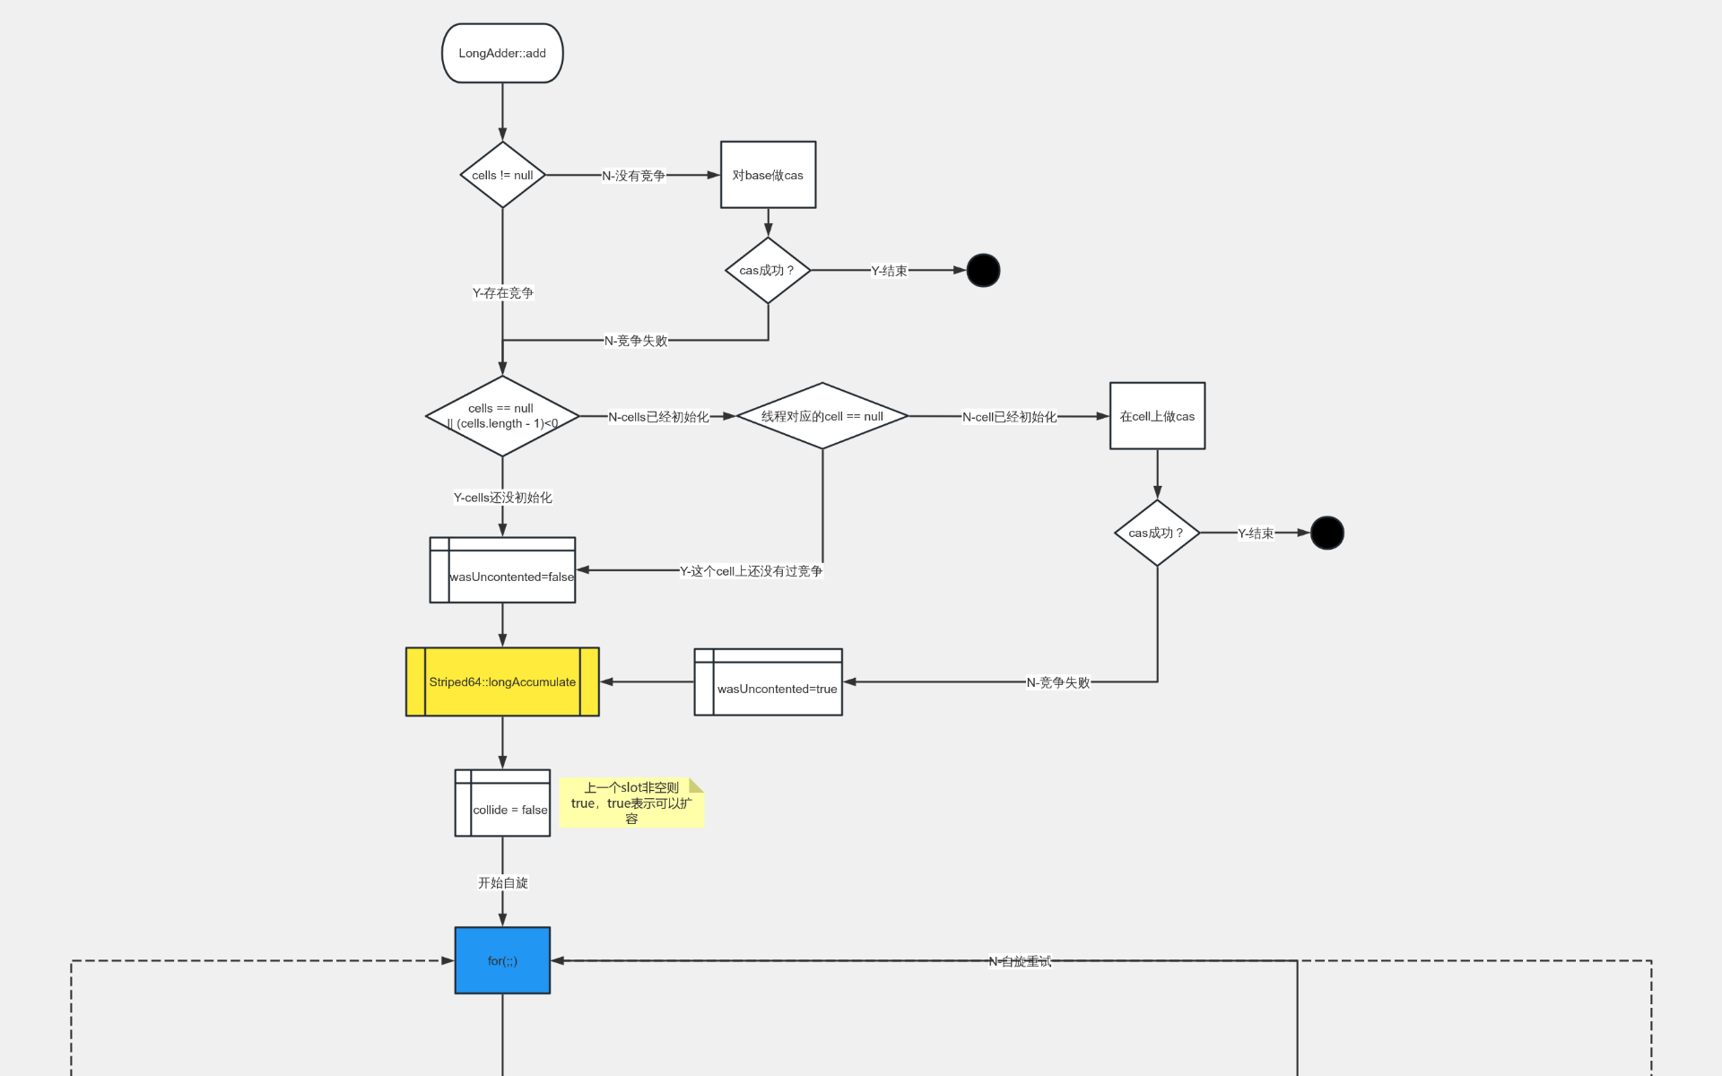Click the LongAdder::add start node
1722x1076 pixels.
[502, 53]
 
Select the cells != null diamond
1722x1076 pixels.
[502, 175]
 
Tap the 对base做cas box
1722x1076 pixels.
[768, 175]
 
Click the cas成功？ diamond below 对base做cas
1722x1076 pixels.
[768, 270]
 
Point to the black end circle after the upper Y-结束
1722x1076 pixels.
[983, 270]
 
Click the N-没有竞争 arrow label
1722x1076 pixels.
[633, 176]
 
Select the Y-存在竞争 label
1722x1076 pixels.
[503, 292]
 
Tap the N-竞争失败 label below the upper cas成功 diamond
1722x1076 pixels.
[636, 341]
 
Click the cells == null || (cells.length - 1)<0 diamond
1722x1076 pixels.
[502, 416]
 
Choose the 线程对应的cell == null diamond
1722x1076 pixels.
[822, 416]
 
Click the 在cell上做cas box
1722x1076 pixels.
[1157, 416]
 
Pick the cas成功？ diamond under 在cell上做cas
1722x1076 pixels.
[1157, 533]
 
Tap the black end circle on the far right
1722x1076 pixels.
[1326, 533]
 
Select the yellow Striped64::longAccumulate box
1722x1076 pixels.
[502, 681]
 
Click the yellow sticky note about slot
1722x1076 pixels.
[631, 803]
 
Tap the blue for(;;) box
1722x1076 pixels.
[502, 960]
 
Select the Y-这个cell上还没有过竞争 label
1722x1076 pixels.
[751, 571]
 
